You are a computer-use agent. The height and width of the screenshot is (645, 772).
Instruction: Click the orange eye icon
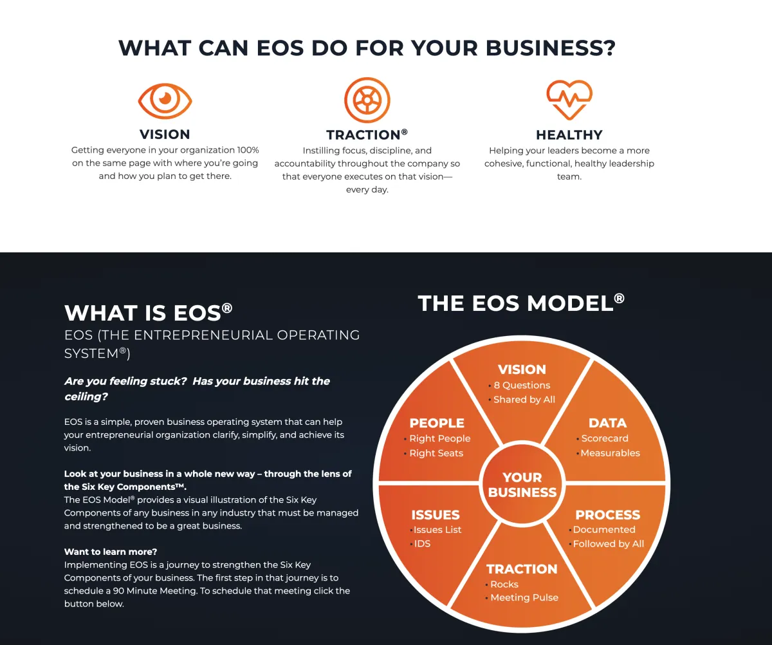coord(165,100)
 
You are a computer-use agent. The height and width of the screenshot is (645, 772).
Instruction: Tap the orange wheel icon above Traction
coord(367,100)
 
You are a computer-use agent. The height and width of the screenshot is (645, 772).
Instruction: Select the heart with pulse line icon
coord(569,100)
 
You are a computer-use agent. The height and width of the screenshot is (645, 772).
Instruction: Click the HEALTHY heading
coord(569,135)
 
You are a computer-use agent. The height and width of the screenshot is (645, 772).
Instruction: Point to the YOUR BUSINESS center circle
coord(522,484)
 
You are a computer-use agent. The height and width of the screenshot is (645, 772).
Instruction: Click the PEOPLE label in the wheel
coord(437,423)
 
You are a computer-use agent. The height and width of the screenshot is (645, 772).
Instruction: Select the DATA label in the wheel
coord(607,423)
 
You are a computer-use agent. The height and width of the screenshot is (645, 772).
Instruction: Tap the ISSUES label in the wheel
coord(436,515)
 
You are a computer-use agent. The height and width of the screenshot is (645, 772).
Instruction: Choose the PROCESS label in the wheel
coord(608,515)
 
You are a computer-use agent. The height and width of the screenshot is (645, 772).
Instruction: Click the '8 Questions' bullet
coord(522,385)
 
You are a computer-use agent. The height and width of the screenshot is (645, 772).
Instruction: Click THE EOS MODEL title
coord(521,303)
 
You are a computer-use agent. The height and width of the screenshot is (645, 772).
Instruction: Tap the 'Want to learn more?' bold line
coord(111,552)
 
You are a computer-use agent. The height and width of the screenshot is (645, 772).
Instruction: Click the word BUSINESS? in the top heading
coord(551,48)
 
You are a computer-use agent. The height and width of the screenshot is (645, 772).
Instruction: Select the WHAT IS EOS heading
coord(148,313)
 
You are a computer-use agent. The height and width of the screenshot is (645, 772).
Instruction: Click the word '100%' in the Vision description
coord(248,150)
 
